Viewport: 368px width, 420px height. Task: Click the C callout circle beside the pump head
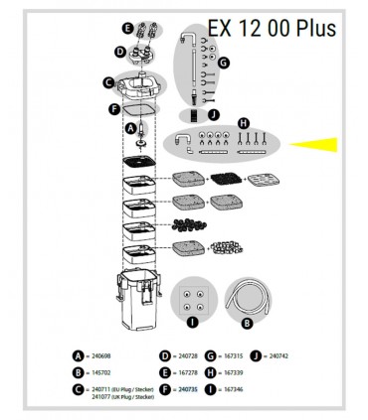click(107, 84)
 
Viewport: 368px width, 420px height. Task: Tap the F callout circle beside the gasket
click(114, 107)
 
